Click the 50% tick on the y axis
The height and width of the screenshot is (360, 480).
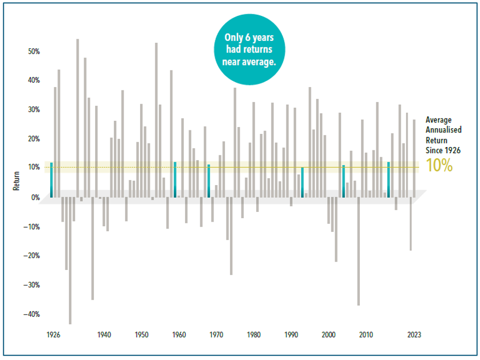33,51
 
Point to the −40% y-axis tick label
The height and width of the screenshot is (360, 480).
31,314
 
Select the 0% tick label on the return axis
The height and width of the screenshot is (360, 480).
35,198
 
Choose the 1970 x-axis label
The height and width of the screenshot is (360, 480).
216,335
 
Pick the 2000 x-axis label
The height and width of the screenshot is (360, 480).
329,335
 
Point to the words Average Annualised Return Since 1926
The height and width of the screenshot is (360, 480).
444,134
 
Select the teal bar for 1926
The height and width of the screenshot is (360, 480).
51,180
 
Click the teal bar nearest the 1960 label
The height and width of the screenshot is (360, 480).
175,180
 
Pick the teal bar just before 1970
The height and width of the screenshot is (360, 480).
209,181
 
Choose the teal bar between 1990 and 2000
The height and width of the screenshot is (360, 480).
302,182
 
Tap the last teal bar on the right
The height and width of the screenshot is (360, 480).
388,180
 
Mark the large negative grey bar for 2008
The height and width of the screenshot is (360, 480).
358,251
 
